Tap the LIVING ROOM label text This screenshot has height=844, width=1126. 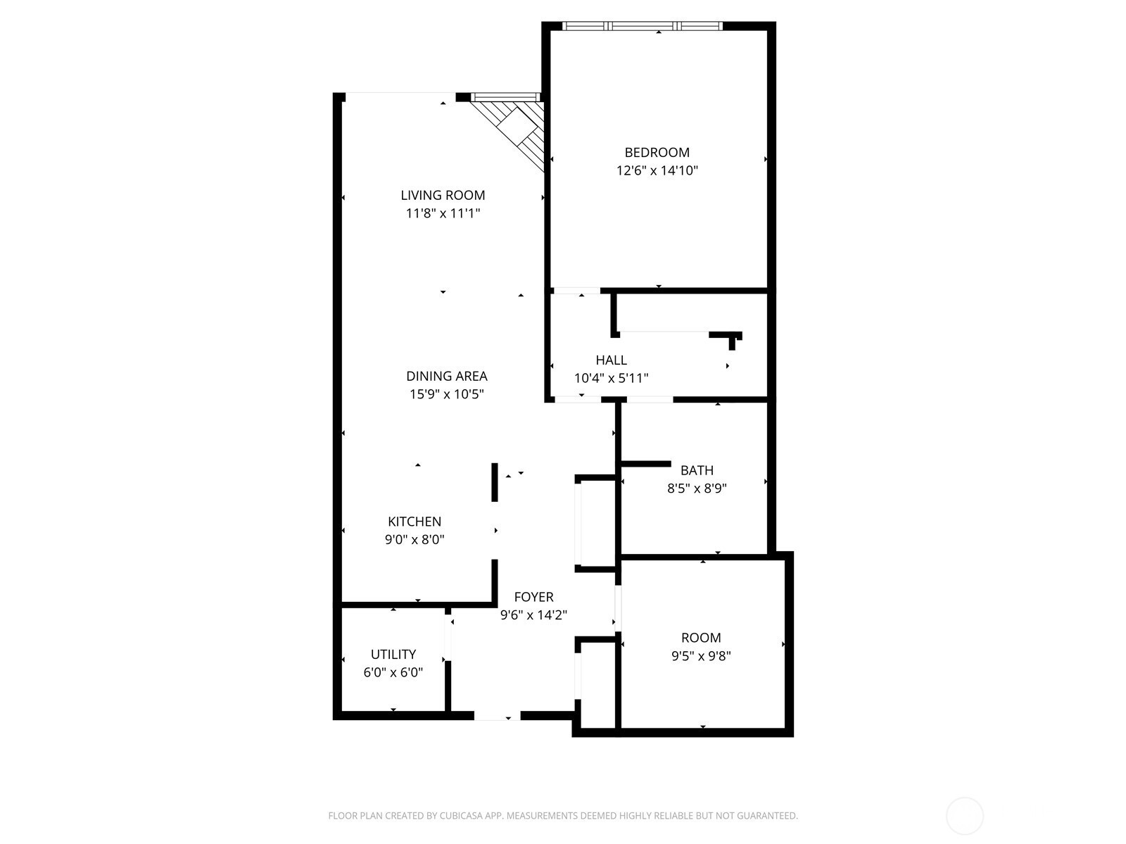443,195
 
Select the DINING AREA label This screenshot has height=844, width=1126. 446,376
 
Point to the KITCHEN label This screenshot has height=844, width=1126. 415,522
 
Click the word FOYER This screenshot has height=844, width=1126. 533,597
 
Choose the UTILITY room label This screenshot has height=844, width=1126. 393,654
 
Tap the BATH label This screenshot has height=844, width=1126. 697,470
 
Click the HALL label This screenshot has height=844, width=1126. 611,360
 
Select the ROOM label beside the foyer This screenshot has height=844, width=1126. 701,638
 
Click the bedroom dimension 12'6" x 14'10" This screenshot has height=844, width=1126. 657,170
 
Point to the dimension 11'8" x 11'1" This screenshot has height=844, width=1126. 443,213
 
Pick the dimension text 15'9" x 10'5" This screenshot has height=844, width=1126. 446,394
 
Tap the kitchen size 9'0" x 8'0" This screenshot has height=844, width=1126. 415,539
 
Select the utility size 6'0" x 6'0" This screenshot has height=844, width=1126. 393,672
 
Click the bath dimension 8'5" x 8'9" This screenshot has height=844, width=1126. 697,488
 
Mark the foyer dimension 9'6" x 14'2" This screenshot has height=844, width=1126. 533,615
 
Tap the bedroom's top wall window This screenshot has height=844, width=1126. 643,25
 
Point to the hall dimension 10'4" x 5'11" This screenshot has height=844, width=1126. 611,378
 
